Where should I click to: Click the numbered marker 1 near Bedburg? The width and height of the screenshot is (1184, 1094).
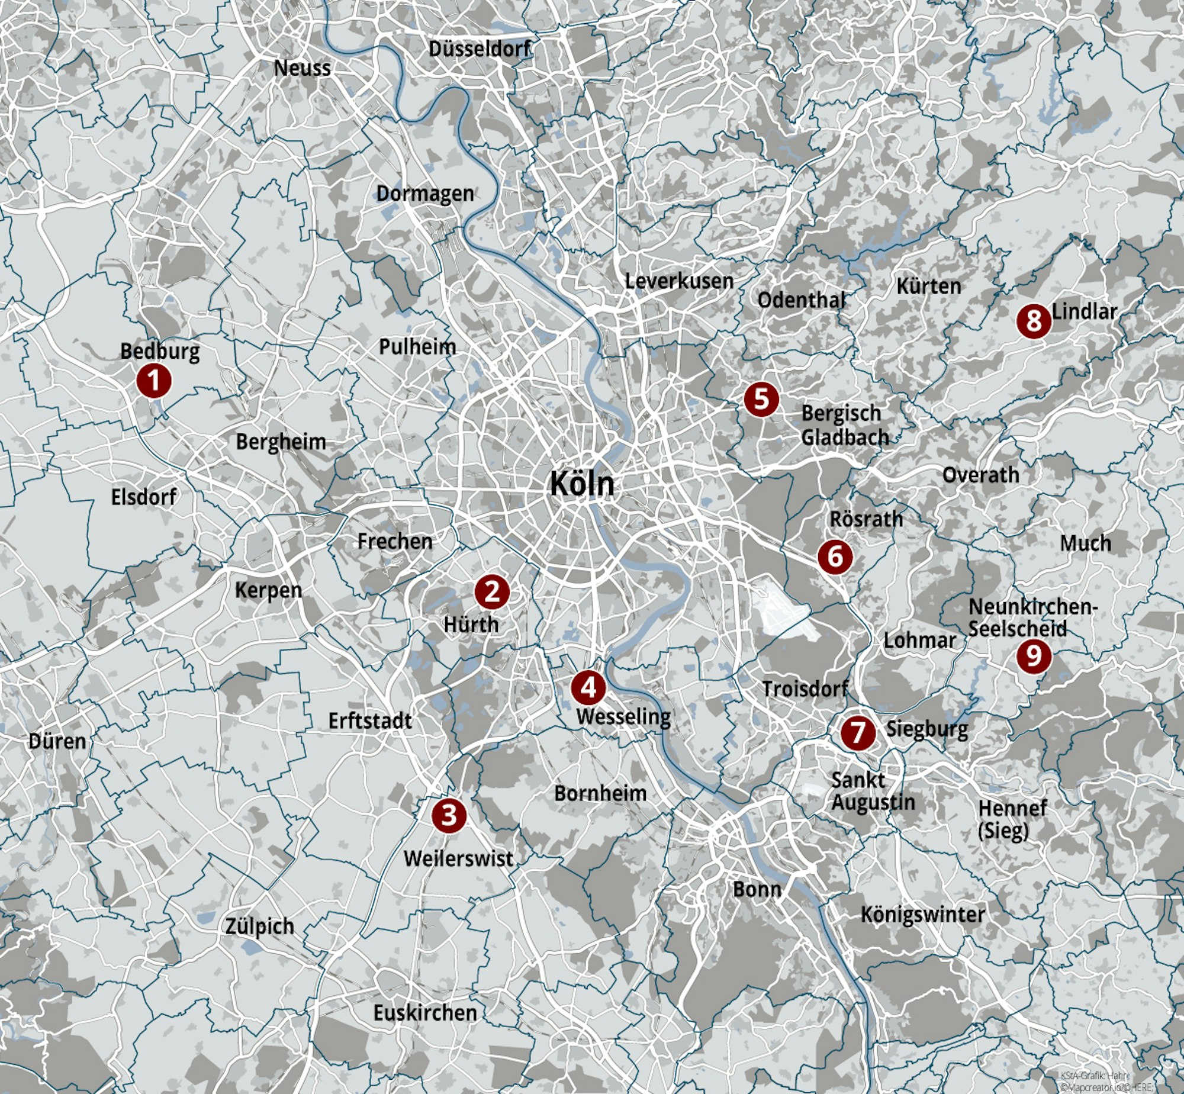(x=154, y=381)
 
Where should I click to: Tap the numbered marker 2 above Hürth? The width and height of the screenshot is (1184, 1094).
(x=492, y=591)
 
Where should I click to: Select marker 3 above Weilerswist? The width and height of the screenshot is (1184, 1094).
(x=449, y=815)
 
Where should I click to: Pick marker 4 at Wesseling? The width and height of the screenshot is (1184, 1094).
(x=588, y=687)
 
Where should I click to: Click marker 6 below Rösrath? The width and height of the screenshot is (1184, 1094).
(x=835, y=556)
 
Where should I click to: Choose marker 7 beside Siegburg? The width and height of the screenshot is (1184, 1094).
(x=857, y=732)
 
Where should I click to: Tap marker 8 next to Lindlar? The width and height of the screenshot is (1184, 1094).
(x=1034, y=321)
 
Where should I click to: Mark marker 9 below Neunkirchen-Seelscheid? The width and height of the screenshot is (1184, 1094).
(x=1034, y=655)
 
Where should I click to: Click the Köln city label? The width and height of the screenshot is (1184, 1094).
(x=582, y=484)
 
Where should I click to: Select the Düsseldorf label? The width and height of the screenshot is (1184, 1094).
(x=480, y=49)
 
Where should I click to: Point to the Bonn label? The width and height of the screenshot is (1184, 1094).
(x=757, y=889)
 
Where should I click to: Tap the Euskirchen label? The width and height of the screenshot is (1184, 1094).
(x=425, y=1012)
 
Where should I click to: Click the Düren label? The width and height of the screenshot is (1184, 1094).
(x=57, y=741)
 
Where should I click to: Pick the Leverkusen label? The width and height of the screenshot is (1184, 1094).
(x=679, y=281)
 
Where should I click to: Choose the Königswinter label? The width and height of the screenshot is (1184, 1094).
(x=922, y=915)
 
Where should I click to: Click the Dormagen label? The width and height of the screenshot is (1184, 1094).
(x=425, y=193)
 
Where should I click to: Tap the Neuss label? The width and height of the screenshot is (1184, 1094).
(x=302, y=68)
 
